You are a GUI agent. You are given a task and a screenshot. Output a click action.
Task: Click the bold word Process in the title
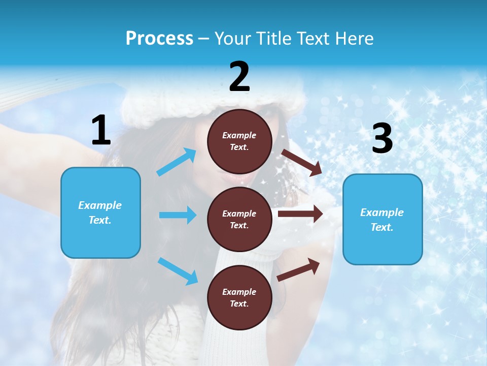click(159, 38)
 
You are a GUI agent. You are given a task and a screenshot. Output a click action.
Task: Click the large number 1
click(101, 131)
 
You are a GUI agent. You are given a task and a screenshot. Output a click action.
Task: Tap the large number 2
click(239, 77)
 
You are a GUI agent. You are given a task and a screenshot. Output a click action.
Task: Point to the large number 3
click(382, 139)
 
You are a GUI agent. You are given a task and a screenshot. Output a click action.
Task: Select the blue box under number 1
click(100, 212)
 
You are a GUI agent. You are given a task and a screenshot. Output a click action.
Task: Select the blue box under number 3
click(382, 219)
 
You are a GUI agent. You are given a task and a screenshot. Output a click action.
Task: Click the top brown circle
click(239, 141)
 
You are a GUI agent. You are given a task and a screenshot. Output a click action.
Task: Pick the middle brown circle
click(239, 219)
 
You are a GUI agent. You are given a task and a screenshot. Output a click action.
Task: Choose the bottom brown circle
click(239, 297)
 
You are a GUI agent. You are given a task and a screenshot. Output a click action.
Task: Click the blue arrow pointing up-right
click(177, 162)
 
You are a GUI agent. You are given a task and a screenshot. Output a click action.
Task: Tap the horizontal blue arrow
click(178, 215)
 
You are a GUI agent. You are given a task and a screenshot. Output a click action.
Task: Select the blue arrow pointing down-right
click(178, 271)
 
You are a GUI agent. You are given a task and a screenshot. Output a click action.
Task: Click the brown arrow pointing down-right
click(302, 162)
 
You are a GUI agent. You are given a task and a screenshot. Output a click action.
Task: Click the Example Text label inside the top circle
click(239, 141)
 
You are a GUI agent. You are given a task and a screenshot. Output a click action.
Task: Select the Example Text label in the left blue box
click(100, 212)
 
